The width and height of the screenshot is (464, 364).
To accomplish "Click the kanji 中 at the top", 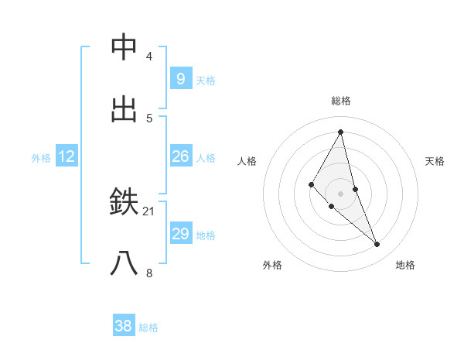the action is (x=125, y=47).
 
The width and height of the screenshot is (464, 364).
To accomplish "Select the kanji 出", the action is (x=125, y=109).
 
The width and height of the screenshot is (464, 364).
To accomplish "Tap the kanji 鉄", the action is (x=125, y=202).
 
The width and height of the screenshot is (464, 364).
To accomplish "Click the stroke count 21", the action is (x=149, y=211).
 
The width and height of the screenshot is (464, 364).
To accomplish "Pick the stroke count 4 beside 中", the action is (x=149, y=56).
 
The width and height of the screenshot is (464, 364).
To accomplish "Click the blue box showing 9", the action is (x=180, y=78).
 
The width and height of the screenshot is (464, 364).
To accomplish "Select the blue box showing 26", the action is (x=180, y=156).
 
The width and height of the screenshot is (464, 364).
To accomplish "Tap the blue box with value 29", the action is (x=180, y=234).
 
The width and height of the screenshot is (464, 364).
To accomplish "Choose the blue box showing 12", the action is (x=67, y=156).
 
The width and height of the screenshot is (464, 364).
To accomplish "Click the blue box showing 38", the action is (x=124, y=326).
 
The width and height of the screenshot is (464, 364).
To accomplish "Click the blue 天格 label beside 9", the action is (x=206, y=80).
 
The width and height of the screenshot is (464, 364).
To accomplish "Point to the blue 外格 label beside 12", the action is (x=41, y=158).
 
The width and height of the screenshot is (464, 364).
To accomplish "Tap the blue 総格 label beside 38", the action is (x=148, y=328).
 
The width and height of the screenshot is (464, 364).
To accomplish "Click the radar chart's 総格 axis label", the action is (x=340, y=101).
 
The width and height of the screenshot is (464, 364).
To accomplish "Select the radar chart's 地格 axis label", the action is (x=405, y=265).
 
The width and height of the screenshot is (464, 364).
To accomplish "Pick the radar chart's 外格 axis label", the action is (x=272, y=265).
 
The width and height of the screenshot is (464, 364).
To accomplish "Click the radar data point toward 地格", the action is (x=377, y=244).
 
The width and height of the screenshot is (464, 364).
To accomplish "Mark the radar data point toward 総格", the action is (x=340, y=131).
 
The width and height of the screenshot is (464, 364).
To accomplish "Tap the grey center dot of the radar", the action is (x=340, y=193).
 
